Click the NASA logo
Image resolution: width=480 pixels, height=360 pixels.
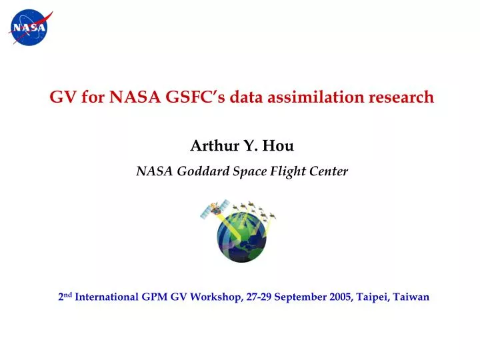coord(29,27)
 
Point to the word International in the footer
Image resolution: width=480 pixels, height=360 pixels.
coord(107,297)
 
